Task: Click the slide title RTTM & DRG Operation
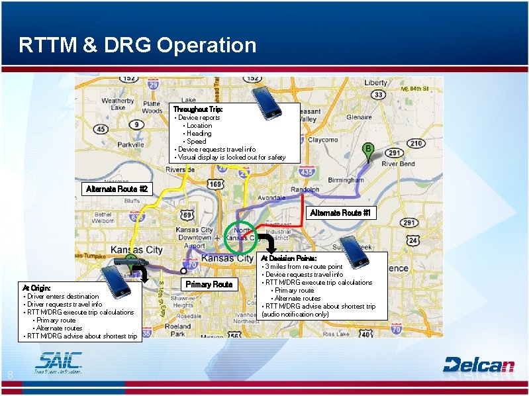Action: click(138, 45)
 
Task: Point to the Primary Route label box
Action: click(209, 284)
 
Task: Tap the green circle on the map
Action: click(240, 237)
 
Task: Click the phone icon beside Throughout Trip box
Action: click(267, 103)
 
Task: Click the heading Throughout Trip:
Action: click(198, 109)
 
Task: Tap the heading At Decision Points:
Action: click(289, 258)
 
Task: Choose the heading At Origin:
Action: click(35, 288)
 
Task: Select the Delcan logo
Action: click(479, 364)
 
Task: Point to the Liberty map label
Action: click(375, 83)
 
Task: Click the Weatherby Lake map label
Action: click(118, 105)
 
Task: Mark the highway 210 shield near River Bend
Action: click(416, 143)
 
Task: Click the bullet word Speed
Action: click(196, 141)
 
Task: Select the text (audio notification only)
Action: click(295, 314)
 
